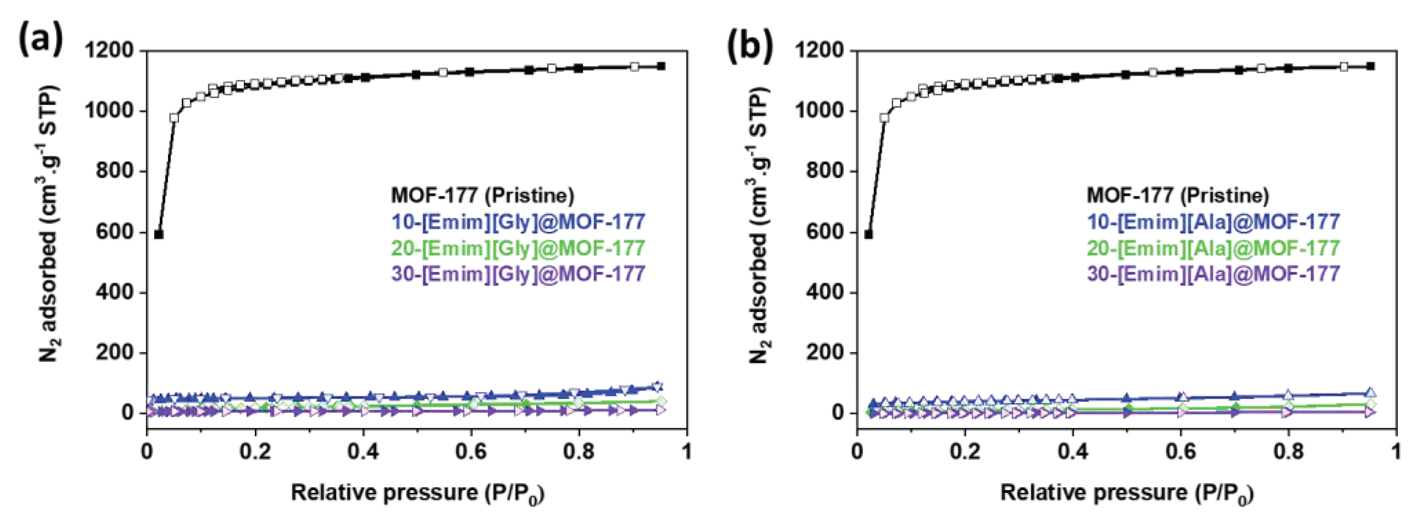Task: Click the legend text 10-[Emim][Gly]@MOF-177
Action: (518, 222)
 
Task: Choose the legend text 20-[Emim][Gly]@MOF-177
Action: (518, 248)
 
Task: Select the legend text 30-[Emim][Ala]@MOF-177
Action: (1213, 273)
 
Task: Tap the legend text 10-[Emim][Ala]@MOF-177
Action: (1213, 222)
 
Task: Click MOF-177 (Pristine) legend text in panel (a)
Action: (483, 195)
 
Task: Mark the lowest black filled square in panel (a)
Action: (159, 234)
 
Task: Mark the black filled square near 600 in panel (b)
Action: (868, 234)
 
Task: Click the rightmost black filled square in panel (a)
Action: (662, 67)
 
